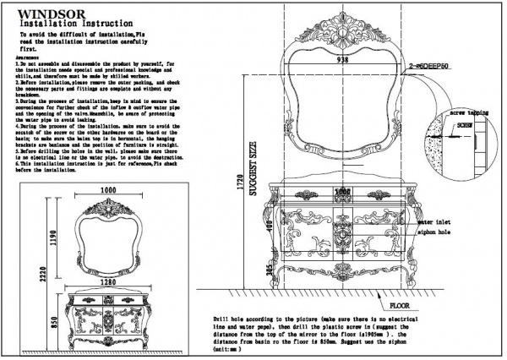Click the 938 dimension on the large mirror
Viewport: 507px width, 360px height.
point(342,61)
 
